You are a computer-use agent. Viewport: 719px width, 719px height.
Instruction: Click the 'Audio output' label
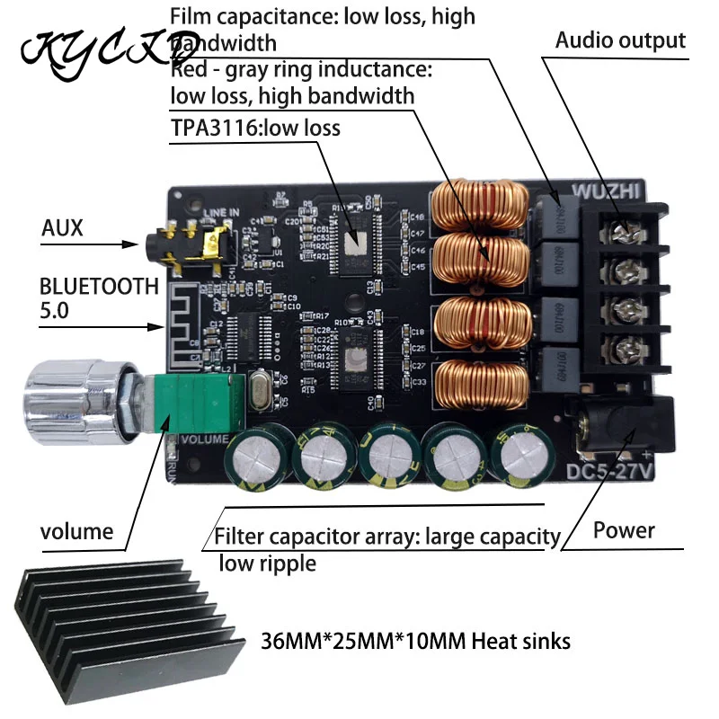point(620,40)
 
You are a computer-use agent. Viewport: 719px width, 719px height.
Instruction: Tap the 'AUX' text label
point(62,228)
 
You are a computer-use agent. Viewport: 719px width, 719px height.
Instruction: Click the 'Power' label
point(624,530)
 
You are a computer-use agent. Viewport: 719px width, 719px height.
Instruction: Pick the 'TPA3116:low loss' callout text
point(256,128)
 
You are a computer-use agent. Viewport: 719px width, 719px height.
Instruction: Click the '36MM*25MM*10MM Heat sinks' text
point(414,642)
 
